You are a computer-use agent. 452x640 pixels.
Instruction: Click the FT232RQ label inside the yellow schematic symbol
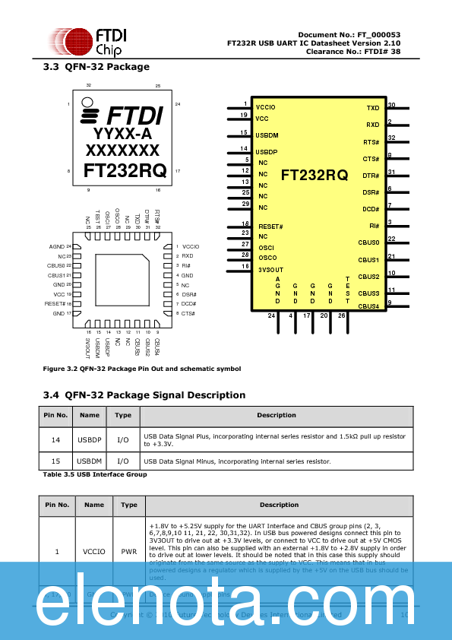[x=315, y=176]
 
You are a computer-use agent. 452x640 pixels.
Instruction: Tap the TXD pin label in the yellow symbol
[x=372, y=109]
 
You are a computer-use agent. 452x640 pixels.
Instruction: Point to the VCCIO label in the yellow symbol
[x=266, y=107]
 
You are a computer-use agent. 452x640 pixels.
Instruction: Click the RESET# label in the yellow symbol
[x=270, y=227]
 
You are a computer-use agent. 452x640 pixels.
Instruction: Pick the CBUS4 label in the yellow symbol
[x=368, y=306]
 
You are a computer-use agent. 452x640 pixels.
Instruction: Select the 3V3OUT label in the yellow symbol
[x=270, y=269]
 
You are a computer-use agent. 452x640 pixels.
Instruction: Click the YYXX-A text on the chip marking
[x=122, y=134]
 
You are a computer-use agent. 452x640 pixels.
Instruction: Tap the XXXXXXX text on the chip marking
[x=122, y=150]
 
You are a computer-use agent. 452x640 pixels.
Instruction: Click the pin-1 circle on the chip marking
[x=88, y=103]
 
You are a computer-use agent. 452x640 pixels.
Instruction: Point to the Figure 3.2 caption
[x=141, y=369]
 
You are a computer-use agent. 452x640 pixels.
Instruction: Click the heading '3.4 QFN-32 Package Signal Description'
[x=144, y=395]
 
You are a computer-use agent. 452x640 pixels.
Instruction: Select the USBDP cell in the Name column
[x=90, y=439]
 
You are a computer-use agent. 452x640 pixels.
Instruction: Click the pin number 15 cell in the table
[x=55, y=461]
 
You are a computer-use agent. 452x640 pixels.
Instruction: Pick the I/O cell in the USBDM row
[x=123, y=461]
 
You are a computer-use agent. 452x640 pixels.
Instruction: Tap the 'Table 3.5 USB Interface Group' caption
[x=95, y=474]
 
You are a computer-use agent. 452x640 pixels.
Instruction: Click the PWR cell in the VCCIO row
[x=129, y=552]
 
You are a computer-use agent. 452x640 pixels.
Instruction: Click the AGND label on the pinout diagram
[x=56, y=247]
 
